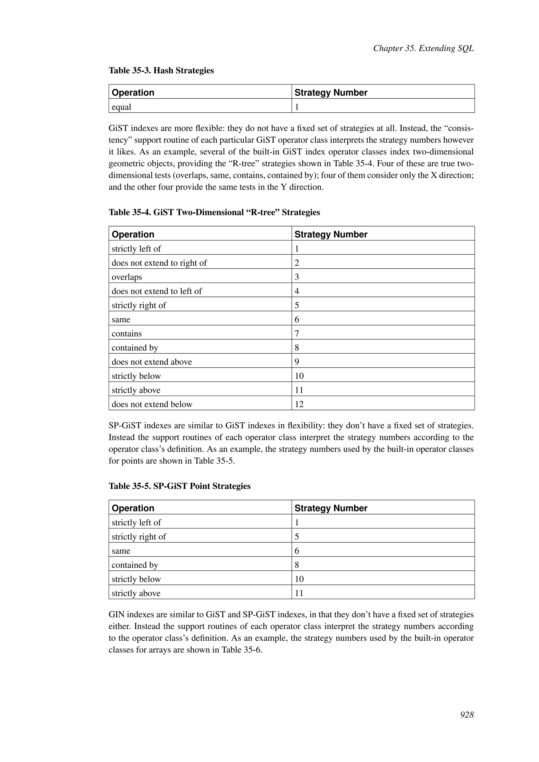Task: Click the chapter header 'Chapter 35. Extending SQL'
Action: point(423,48)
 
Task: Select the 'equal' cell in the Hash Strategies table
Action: point(122,107)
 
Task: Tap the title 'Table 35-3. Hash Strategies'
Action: point(161,70)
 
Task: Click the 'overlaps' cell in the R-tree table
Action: point(127,277)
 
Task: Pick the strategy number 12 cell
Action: point(299,404)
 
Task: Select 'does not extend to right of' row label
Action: point(159,263)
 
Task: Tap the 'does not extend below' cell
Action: point(152,404)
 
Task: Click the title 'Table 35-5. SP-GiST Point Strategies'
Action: point(179,486)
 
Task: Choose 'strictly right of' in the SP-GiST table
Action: point(139,537)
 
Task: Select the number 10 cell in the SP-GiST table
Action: point(299,579)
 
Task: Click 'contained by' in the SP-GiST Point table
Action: point(135,565)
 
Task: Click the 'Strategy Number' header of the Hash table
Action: point(331,93)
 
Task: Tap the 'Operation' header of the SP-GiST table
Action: point(133,508)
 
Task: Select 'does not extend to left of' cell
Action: point(157,291)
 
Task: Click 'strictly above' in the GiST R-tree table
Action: point(136,390)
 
